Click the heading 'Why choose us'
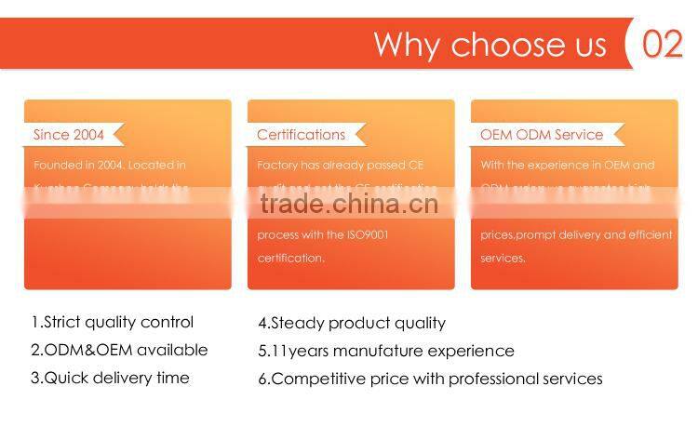tap(490, 45)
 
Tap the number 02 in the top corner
tap(663, 44)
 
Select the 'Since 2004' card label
tap(69, 135)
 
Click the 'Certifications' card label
tap(301, 135)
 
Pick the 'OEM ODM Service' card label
tap(542, 135)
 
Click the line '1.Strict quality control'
tap(113, 323)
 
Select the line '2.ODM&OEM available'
tap(119, 351)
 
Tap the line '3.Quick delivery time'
tap(110, 378)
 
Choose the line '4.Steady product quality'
tap(352, 324)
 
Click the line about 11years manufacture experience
tap(386, 351)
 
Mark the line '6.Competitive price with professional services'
tap(430, 379)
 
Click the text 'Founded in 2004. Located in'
tap(110, 166)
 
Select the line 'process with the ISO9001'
tap(323, 234)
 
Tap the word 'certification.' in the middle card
tap(291, 258)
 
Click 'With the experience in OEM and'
tap(568, 166)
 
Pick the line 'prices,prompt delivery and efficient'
tap(576, 234)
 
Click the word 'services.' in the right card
tap(503, 258)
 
